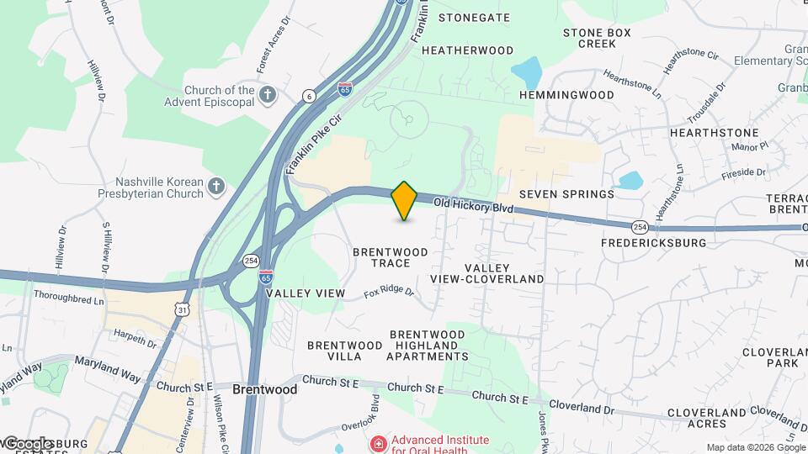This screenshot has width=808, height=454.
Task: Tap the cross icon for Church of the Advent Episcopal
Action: click(x=268, y=94)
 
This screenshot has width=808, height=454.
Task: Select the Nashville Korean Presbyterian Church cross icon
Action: click(x=216, y=186)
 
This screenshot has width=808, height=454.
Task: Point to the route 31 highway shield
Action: click(x=183, y=311)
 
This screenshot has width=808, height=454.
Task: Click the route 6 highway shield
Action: click(x=310, y=97)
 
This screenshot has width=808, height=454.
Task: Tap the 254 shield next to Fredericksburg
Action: click(x=640, y=227)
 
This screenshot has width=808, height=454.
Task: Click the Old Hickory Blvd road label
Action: click(x=474, y=205)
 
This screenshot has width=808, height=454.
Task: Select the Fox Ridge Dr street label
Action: click(x=389, y=293)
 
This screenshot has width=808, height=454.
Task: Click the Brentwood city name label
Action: click(x=265, y=390)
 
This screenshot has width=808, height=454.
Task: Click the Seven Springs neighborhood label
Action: click(x=566, y=194)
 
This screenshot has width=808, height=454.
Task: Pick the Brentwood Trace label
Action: click(x=391, y=257)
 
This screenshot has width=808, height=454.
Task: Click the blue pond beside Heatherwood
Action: click(x=527, y=72)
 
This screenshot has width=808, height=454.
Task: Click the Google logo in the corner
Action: click(x=27, y=443)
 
